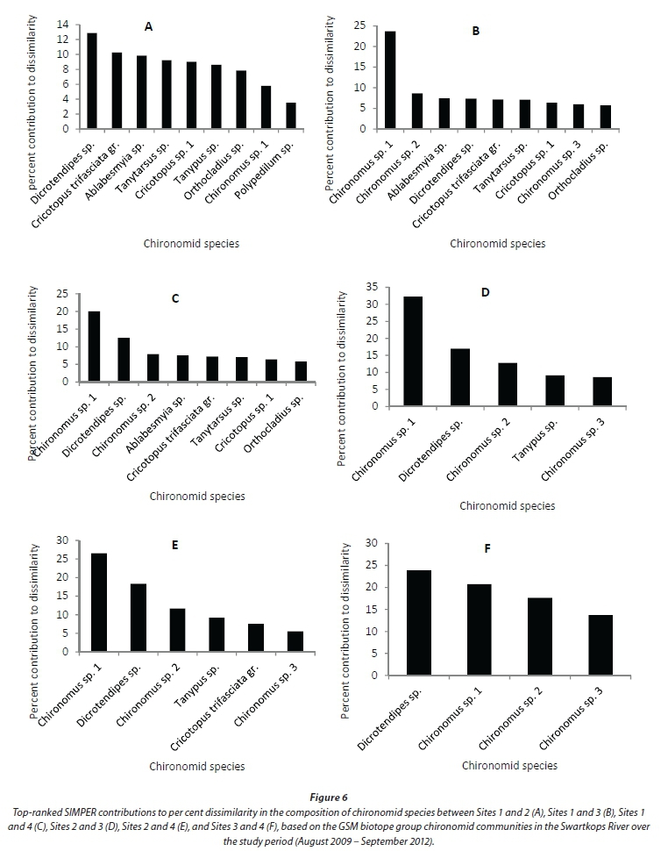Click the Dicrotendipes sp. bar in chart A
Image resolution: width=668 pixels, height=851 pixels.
92,81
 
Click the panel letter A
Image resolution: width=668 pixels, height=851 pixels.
149,27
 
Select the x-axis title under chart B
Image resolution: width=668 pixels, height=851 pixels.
497,243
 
